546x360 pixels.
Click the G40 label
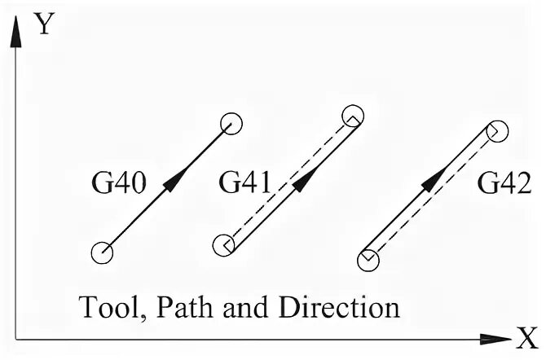(118, 185)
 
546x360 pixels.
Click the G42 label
(504, 185)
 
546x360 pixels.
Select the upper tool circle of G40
(231, 123)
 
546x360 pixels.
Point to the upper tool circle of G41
(352, 115)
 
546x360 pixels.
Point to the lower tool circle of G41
(223, 244)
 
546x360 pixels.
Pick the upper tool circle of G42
(497, 130)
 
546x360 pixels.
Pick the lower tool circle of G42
(368, 260)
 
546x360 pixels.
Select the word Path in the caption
(181, 309)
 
